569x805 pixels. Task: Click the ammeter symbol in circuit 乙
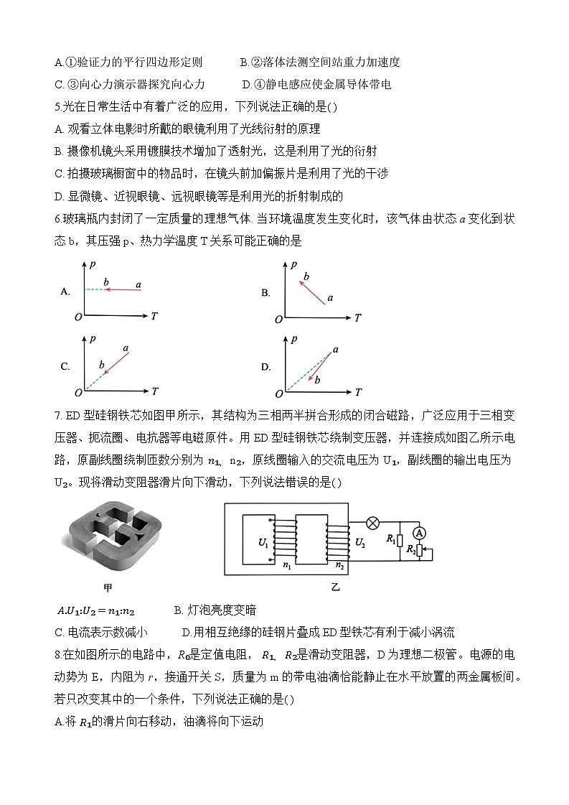421,532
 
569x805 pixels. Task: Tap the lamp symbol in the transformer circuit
373,523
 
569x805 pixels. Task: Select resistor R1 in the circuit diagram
400,539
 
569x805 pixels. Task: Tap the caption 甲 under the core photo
108,588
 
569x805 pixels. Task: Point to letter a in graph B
330,297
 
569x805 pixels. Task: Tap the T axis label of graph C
155,391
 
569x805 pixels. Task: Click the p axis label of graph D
294,338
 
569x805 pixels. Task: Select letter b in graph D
317,379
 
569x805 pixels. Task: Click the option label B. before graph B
265,292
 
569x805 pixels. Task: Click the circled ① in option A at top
70,62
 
